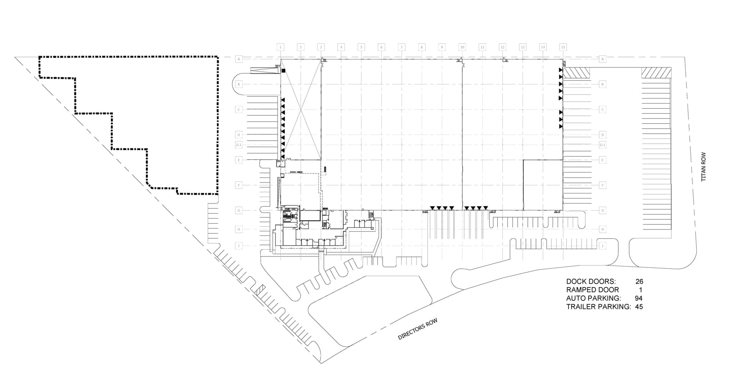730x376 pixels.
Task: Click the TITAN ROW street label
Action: click(703, 167)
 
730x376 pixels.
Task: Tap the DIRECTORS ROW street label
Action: click(417, 329)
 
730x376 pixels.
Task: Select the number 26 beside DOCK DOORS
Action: click(639, 282)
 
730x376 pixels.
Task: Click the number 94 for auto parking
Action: click(639, 298)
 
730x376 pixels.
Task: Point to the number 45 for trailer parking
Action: click(639, 307)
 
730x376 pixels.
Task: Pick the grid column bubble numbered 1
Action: click(280, 47)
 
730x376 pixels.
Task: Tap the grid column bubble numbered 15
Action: click(563, 47)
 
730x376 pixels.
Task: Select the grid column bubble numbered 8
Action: click(422, 47)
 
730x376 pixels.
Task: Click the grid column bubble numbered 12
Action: click(502, 47)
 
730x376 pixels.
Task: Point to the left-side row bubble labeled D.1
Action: click(238, 145)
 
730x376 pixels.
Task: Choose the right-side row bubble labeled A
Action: click(603, 59)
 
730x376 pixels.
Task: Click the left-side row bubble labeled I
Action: click(238, 246)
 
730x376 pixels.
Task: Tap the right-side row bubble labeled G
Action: click(603, 210)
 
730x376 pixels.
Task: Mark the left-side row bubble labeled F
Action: click(238, 185)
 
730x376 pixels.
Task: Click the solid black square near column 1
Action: click(283, 71)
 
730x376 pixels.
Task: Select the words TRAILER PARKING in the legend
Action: click(599, 307)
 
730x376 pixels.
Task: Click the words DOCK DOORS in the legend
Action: click(591, 282)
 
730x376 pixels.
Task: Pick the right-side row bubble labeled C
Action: click(603, 110)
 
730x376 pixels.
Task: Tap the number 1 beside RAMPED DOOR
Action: click(641, 290)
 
